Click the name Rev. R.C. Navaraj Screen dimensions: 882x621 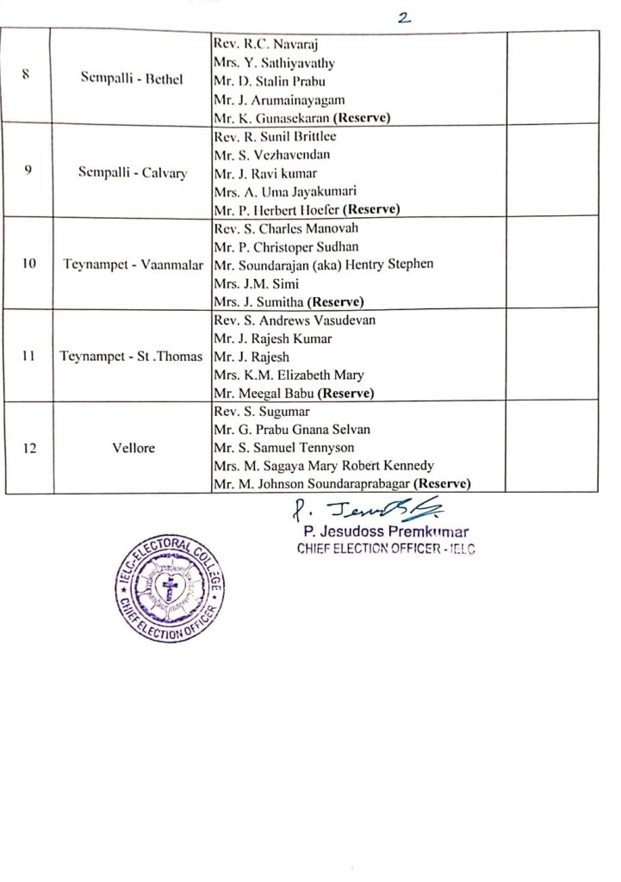258,44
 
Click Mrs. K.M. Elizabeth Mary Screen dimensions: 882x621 284,375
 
